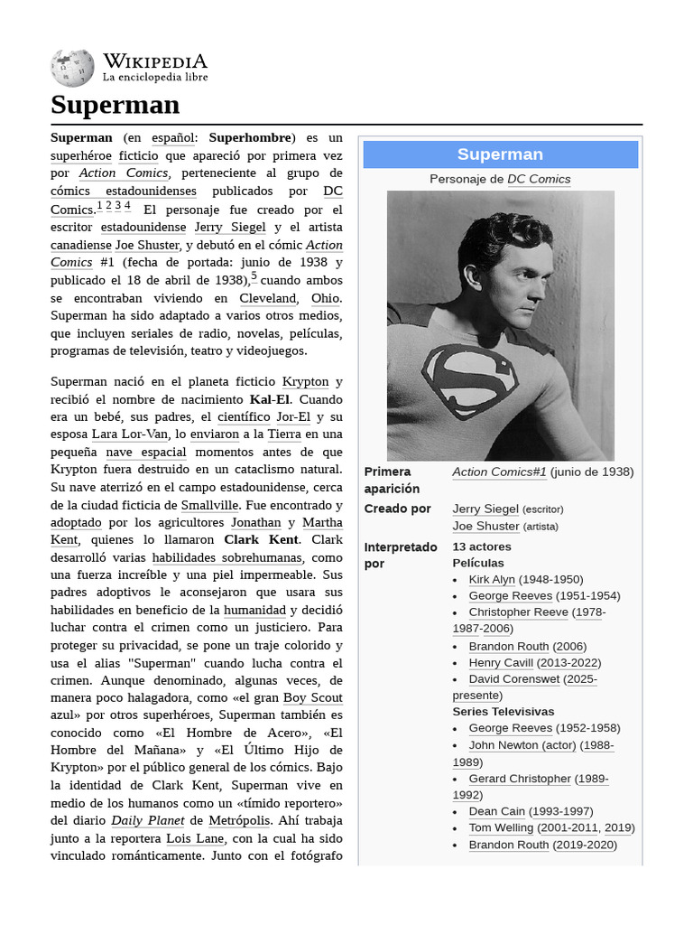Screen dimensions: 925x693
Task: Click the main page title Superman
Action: tap(115, 105)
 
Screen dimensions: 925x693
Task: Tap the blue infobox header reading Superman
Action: tap(500, 154)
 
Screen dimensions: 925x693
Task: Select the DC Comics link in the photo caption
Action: tap(539, 179)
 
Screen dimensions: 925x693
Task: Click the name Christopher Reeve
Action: tap(518, 612)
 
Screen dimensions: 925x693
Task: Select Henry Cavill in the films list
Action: tap(500, 662)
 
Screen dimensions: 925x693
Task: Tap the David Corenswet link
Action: tap(513, 678)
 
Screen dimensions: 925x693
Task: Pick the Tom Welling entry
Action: tap(502, 827)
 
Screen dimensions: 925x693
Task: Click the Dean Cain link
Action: tap(496, 811)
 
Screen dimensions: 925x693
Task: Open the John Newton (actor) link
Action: tap(522, 745)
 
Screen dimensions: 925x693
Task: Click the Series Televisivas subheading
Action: tap(503, 712)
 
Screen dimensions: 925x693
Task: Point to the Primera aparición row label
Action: tap(387, 480)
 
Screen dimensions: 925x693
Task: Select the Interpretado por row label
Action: tap(401, 555)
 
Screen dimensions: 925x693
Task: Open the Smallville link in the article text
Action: tap(209, 505)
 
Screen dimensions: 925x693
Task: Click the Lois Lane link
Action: tap(195, 838)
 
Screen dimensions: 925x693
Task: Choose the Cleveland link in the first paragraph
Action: tap(268, 298)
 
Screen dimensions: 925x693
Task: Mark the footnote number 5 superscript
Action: tap(254, 276)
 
